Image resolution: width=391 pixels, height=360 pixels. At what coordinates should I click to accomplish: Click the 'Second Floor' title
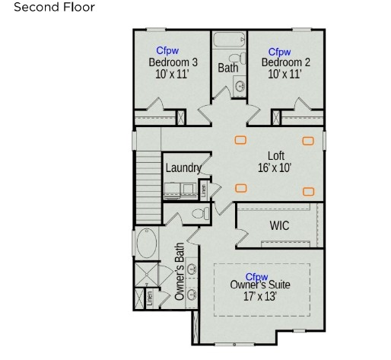54,8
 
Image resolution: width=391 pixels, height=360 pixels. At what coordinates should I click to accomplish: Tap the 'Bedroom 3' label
173,62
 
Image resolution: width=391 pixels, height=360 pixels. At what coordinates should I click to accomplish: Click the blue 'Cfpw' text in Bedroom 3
169,51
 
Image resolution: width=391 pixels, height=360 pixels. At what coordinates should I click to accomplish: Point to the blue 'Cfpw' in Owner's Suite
256,276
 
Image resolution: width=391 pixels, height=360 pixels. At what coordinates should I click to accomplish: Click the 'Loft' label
275,156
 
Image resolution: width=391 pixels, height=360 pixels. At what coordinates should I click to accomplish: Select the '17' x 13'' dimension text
259,297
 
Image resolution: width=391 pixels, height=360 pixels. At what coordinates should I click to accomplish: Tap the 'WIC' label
280,226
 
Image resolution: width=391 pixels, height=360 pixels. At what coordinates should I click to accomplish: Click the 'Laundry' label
183,167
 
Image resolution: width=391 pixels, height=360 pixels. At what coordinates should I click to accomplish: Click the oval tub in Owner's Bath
147,246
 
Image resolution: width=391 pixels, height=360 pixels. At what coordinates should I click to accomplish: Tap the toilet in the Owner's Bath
199,214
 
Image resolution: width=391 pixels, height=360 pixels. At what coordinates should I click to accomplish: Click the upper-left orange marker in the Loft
241,139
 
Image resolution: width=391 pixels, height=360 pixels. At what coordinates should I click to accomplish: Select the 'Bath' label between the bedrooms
228,68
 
